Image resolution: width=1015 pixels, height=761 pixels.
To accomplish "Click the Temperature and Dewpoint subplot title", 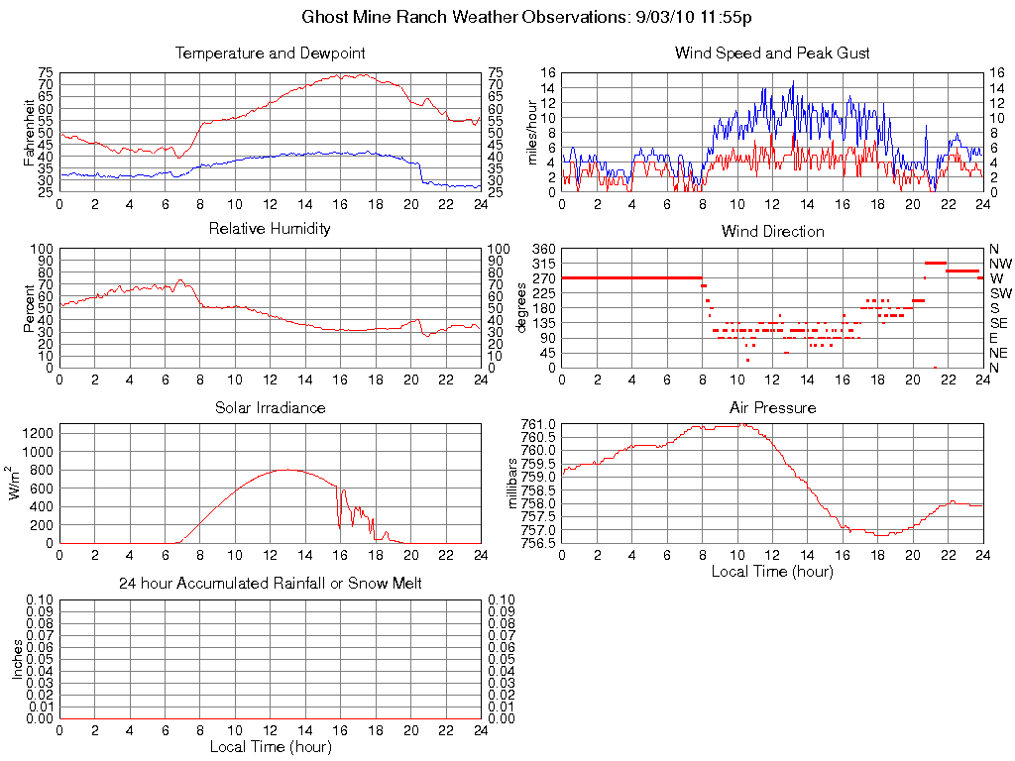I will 270,54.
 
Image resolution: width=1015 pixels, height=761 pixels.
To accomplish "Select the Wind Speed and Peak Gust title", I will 772,54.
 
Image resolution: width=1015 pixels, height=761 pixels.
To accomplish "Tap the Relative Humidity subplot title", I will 270,229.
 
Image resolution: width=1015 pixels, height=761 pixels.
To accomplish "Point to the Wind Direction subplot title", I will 772,232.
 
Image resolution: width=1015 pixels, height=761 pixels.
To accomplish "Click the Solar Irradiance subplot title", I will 270,407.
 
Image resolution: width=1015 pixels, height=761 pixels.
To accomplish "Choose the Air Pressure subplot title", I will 772,407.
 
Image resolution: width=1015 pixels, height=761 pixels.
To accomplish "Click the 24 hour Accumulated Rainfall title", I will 270,584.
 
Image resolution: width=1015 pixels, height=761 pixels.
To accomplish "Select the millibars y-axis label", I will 514,484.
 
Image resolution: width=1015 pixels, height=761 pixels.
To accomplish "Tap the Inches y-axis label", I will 17,658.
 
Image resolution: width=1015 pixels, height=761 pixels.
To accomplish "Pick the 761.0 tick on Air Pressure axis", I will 539,424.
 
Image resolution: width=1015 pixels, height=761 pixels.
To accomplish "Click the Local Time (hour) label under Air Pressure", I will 772,571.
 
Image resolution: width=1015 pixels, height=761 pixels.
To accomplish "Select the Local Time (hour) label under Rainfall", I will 270,746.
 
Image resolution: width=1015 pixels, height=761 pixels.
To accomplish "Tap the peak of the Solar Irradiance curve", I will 287,470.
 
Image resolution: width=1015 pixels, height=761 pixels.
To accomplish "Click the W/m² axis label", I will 17,484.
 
